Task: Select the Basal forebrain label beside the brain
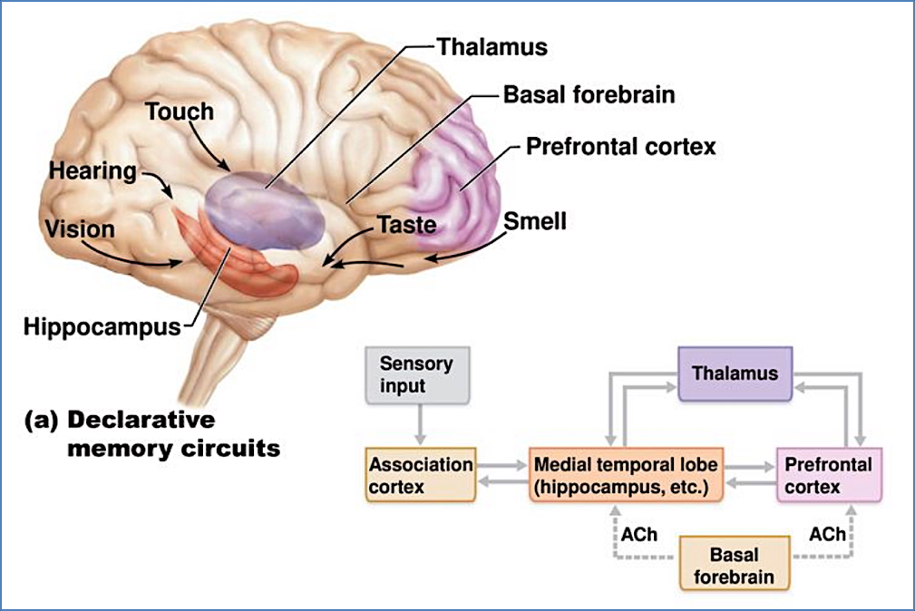pos(589,94)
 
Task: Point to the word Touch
pos(180,112)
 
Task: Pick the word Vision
pos(82,228)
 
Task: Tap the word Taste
pos(407,224)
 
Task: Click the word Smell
pos(535,220)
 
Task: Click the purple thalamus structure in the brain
pos(263,209)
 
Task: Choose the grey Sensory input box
pos(416,374)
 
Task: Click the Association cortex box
pos(420,476)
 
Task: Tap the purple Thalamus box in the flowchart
pos(735,373)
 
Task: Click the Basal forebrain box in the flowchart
pos(735,564)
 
